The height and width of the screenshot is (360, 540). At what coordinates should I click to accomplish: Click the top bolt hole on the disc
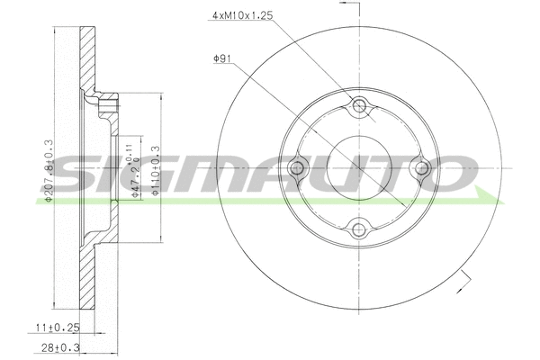[x=361, y=108]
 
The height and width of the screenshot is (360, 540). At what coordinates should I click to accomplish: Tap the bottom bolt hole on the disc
[x=361, y=229]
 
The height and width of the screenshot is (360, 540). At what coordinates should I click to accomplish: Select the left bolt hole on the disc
[x=299, y=168]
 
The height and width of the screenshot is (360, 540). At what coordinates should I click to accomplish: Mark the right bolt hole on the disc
[x=420, y=168]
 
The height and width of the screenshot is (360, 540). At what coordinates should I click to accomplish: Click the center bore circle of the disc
[x=360, y=168]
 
